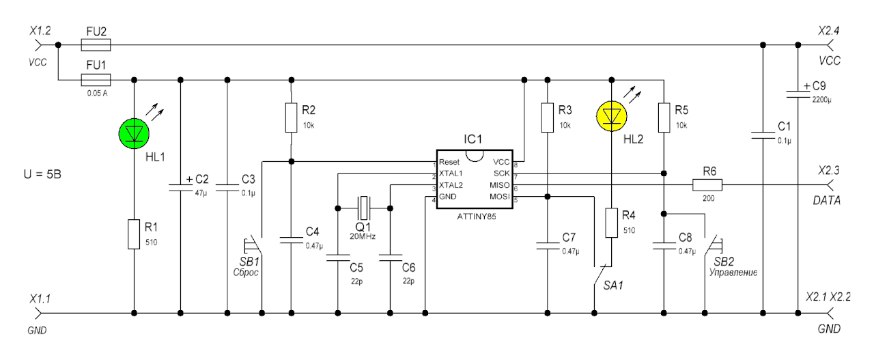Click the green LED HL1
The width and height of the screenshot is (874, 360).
coord(134,133)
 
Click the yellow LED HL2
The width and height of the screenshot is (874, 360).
coord(611,116)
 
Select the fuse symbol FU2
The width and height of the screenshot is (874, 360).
coord(96,45)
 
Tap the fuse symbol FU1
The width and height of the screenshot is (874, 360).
coord(96,80)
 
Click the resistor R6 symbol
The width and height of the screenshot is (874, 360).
coord(707,184)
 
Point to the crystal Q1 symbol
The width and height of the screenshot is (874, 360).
coord(364,208)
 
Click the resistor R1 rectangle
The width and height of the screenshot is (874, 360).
coord(134,234)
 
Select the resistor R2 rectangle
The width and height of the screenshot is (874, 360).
coord(291,117)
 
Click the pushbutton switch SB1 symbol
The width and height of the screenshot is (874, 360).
coord(253,245)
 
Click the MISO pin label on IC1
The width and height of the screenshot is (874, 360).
coord(499,185)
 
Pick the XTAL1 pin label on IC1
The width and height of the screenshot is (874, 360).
coord(451,174)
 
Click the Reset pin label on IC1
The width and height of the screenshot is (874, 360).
coord(449,162)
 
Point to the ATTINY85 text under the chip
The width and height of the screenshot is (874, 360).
coord(477,217)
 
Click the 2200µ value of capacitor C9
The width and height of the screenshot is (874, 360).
coord(821,100)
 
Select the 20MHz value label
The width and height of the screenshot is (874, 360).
coord(363,236)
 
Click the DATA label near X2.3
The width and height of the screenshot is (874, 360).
coord(826,200)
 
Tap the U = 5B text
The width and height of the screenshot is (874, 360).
coord(42,174)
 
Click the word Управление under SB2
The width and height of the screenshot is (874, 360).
coord(733,272)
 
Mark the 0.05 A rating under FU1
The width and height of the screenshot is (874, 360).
coord(97,94)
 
